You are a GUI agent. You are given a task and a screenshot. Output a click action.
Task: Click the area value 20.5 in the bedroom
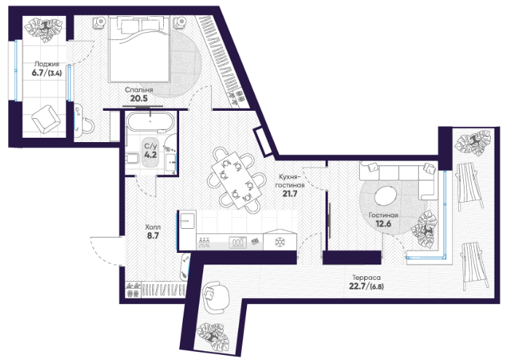coord(139,98)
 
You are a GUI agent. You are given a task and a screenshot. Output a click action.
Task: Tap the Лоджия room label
coord(47,64)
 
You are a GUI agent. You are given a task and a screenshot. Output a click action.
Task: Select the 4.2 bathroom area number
coord(150,154)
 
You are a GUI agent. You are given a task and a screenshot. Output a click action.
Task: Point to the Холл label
coord(153,227)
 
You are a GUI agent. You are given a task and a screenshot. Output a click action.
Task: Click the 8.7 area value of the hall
coord(153,235)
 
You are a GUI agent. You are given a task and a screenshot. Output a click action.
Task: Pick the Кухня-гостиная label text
coord(290,181)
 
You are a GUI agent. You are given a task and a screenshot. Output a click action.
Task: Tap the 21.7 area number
coord(290,194)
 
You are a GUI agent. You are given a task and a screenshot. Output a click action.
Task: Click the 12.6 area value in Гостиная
coord(383,224)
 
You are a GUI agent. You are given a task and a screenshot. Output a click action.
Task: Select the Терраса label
coord(366,278)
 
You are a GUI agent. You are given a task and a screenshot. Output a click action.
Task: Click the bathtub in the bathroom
coord(150,122)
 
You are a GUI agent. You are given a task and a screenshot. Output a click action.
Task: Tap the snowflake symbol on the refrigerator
coord(280,242)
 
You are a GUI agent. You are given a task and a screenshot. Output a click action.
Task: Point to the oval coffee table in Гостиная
coord(385,195)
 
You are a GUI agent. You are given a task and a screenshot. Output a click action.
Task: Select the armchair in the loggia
coord(46,120)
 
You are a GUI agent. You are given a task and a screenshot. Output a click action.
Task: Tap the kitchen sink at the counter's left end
coord(188,221)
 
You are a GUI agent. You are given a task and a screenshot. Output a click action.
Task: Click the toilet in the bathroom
coord(133,160)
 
